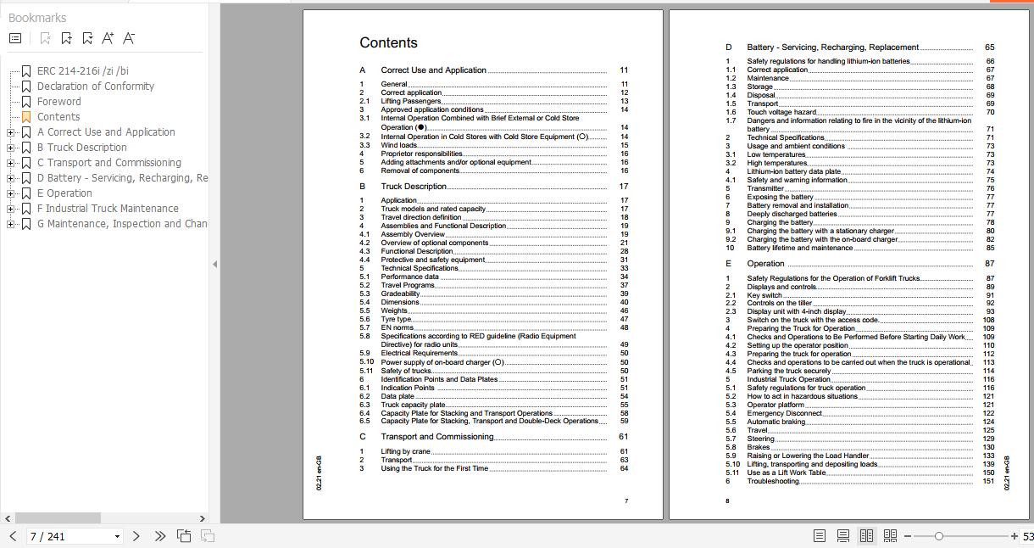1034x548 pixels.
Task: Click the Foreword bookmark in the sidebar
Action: point(58,102)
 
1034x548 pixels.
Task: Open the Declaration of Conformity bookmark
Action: point(95,87)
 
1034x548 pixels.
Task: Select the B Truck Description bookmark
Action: point(81,148)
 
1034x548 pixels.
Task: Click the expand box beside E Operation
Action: point(10,193)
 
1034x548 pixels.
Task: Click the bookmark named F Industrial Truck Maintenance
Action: point(108,209)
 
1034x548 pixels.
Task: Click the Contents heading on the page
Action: point(388,43)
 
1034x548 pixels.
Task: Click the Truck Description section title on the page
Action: point(414,187)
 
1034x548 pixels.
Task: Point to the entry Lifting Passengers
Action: point(410,101)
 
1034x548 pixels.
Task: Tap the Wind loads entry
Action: point(398,145)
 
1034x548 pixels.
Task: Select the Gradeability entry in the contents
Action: point(400,294)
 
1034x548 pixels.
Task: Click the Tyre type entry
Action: point(396,319)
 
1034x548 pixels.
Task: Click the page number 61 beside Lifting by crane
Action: point(624,451)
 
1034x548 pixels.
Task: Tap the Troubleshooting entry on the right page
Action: point(772,481)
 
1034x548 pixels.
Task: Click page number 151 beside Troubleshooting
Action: point(988,481)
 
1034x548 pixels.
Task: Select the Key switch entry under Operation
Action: point(764,295)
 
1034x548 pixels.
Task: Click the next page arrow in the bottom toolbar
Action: point(136,536)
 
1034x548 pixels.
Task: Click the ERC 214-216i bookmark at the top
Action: point(82,71)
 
